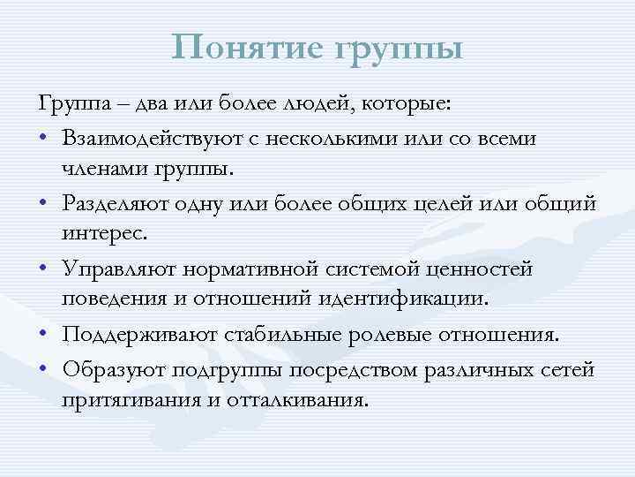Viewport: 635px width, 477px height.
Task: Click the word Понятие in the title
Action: click(250, 47)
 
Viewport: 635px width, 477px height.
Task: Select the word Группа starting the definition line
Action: click(71, 106)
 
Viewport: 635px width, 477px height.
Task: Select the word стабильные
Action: click(271, 335)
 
